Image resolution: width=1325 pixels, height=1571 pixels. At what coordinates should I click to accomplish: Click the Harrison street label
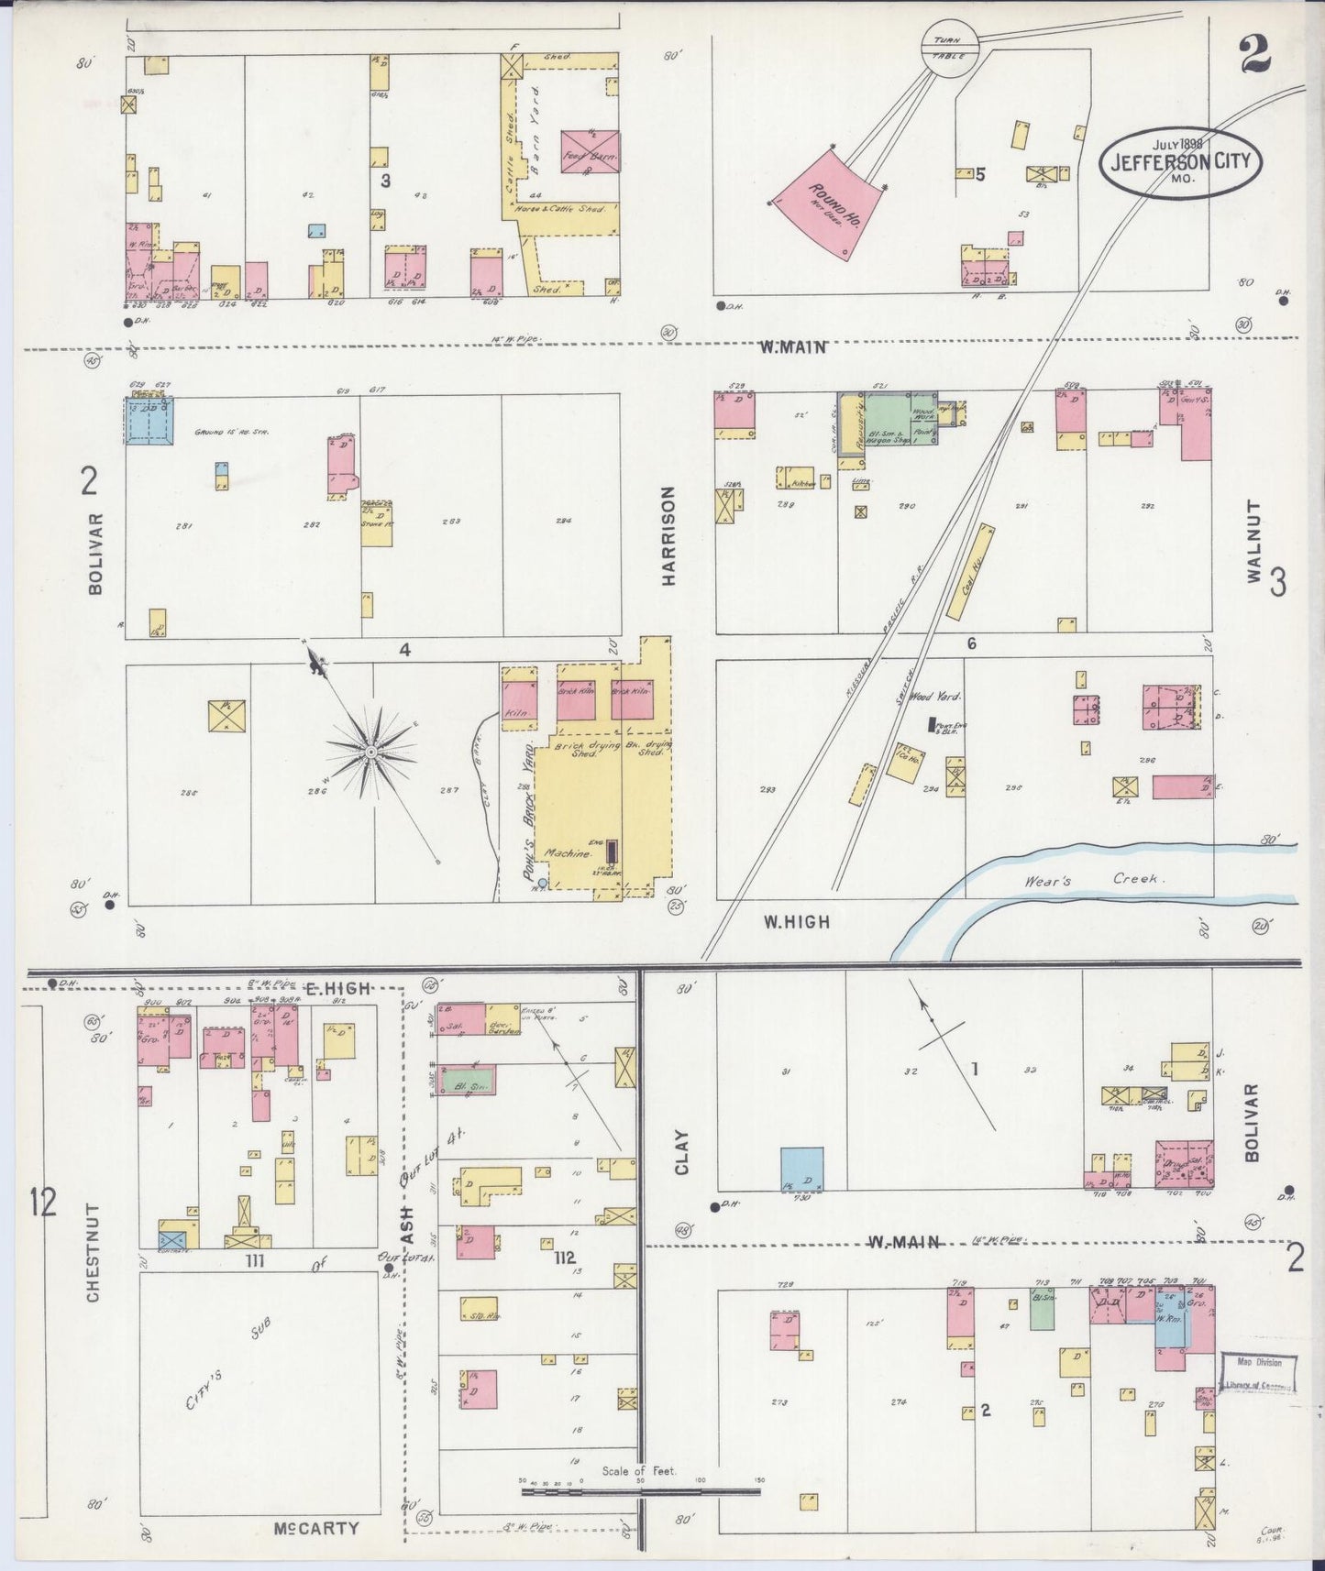tap(668, 536)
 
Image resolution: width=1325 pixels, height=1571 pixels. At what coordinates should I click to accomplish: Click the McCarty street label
tap(315, 1528)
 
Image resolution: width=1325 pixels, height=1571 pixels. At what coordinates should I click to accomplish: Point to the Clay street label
tap(681, 1151)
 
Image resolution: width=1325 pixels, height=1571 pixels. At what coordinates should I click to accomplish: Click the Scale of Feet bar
tap(640, 1491)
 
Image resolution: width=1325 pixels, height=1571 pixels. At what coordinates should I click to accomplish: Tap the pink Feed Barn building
tap(590, 152)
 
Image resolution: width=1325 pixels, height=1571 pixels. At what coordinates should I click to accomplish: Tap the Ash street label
tap(408, 1220)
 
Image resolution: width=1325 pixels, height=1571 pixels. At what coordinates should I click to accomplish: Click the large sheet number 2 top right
tap(1254, 57)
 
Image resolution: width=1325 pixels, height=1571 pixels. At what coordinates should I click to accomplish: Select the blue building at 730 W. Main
tap(801, 1170)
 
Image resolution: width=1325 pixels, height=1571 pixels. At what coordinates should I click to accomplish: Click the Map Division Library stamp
tap(1258, 1374)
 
